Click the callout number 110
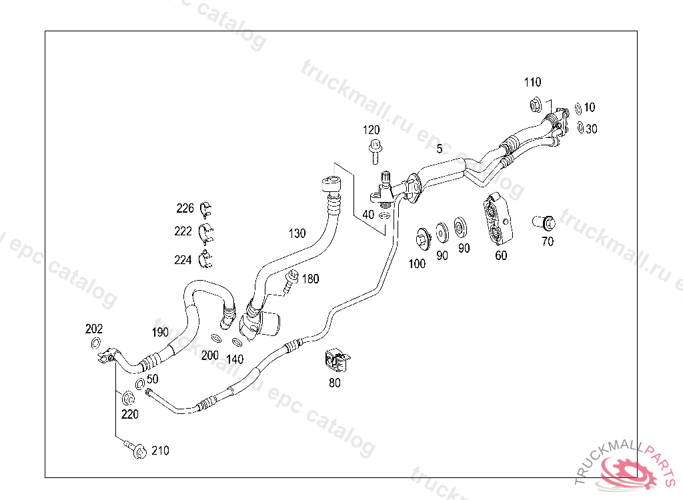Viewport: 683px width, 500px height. (532, 83)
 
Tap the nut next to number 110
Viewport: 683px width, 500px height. (535, 105)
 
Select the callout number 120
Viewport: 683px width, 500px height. (372, 129)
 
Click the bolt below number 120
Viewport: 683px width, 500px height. (374, 151)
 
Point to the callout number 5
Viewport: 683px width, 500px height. (440, 149)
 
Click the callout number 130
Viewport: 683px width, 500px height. (297, 233)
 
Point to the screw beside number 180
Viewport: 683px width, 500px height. (289, 281)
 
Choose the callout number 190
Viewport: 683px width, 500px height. (160, 332)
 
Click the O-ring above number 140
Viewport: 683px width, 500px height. (238, 343)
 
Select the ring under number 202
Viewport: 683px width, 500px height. (95, 344)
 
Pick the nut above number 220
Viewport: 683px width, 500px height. (127, 399)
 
